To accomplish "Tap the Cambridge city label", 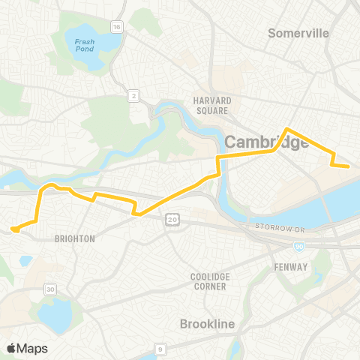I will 267,142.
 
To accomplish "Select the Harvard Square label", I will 211,106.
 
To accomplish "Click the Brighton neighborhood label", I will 75,238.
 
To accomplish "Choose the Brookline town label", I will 208,324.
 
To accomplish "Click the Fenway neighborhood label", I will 290,266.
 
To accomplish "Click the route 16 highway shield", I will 117,27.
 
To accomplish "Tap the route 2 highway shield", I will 133,94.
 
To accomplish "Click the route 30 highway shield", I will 51,289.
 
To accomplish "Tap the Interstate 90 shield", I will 299,245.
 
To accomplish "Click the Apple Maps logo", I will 27,348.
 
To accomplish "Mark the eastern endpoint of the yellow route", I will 349,166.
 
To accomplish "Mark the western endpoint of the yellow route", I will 13,229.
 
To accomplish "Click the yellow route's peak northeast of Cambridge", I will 286,128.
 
